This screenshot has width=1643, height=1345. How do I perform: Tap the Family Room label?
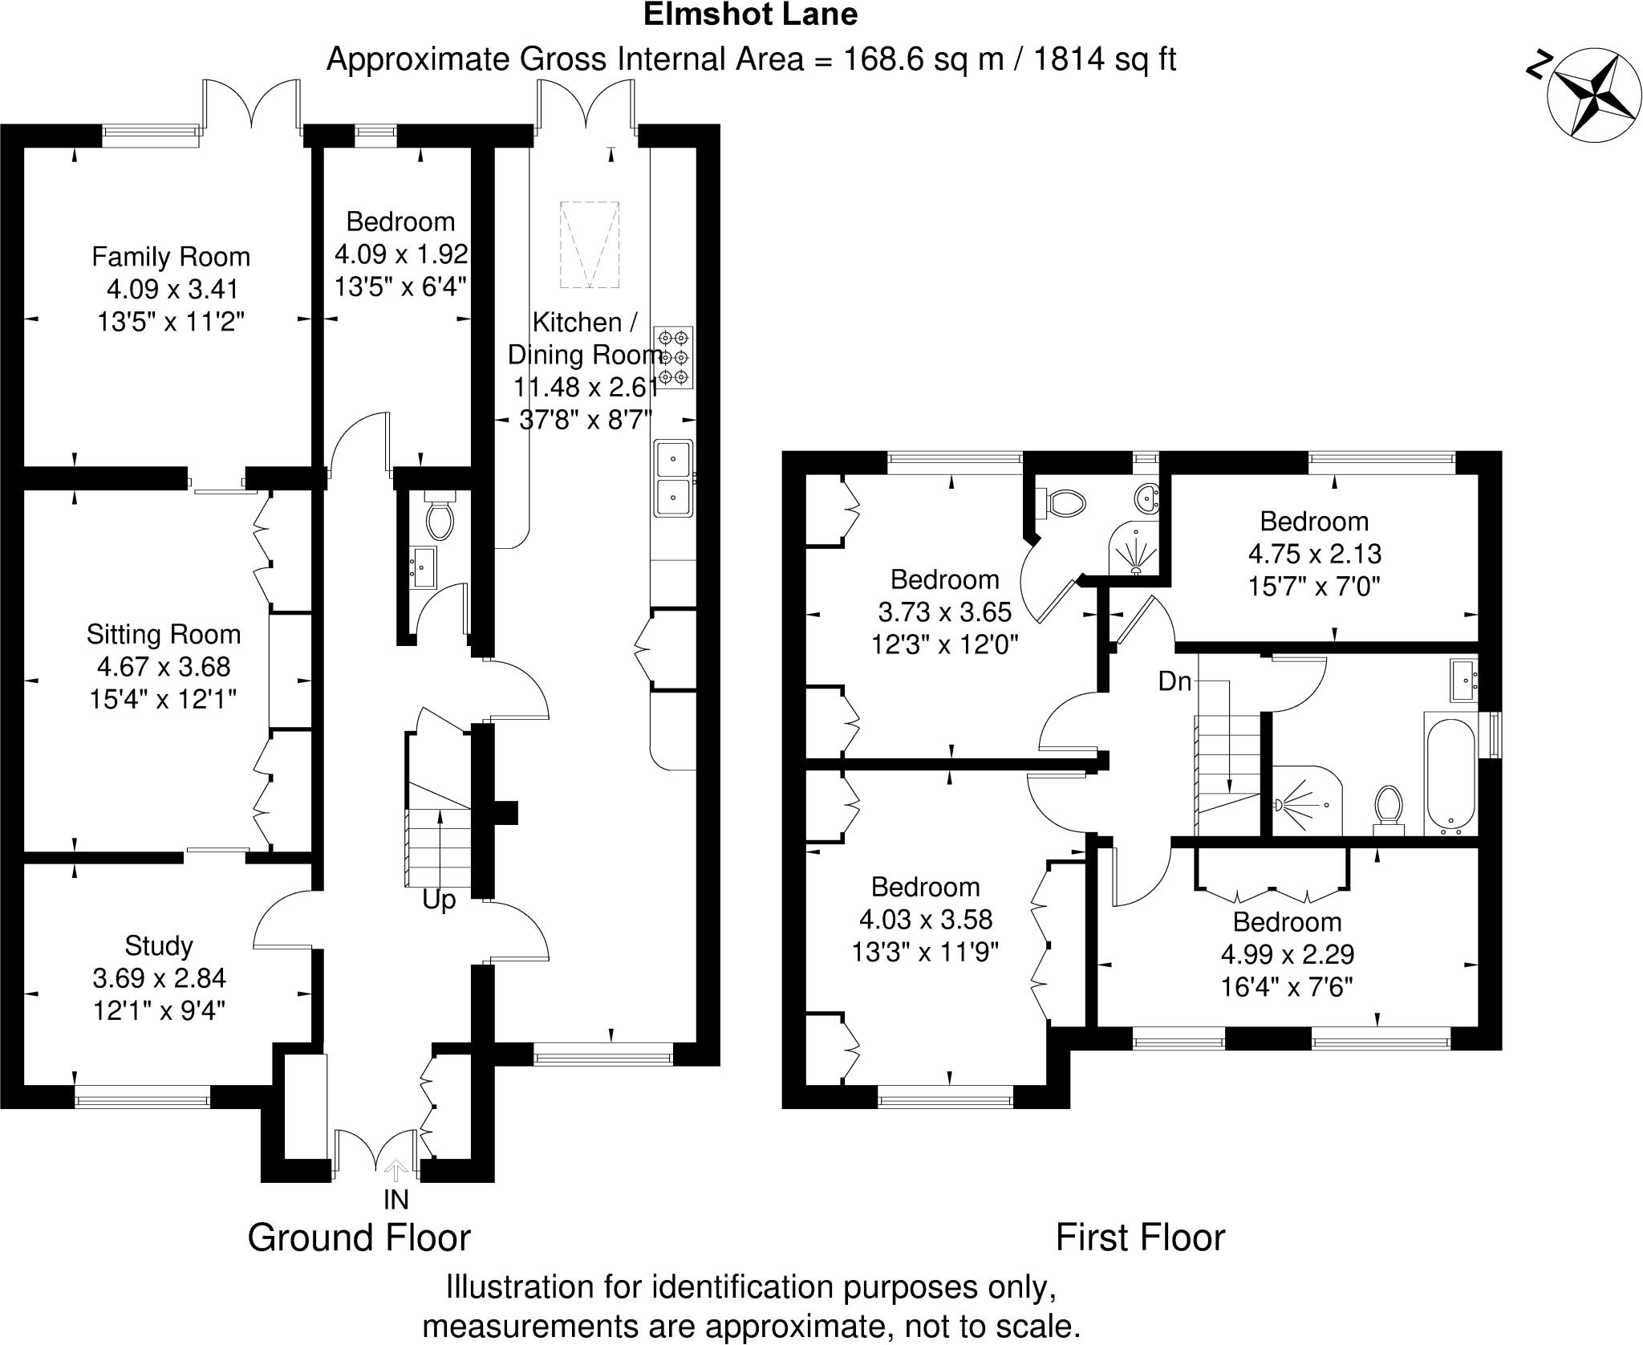171,257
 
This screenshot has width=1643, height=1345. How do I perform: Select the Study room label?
159,945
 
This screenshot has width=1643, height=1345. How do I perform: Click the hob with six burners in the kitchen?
673,357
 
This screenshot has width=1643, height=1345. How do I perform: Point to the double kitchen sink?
674,478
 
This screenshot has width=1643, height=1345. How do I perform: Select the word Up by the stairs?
439,900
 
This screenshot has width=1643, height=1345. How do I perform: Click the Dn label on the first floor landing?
1174,681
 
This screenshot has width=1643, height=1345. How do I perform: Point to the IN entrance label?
396,1199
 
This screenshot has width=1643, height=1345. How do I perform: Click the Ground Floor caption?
359,1237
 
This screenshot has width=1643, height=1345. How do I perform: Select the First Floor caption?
1140,1237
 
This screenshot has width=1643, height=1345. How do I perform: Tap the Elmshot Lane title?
751,14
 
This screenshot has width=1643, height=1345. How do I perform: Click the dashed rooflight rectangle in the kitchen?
590,245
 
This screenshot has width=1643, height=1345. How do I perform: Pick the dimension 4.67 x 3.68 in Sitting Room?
164,667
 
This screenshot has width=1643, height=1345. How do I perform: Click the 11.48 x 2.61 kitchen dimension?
586,388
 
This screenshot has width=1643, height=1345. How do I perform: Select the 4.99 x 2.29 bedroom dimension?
1287,954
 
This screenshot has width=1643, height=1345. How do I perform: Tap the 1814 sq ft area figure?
1104,60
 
